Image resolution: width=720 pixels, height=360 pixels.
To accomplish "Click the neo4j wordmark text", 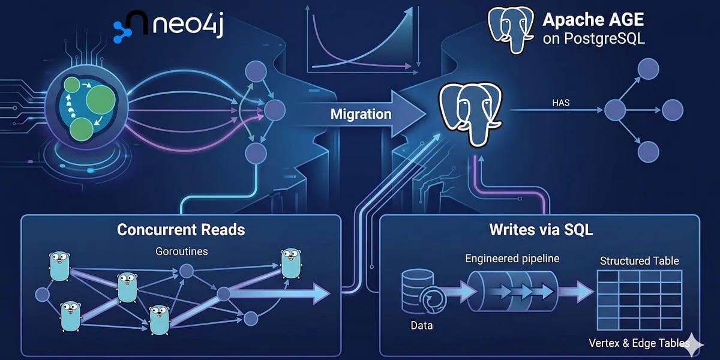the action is pos(188,25).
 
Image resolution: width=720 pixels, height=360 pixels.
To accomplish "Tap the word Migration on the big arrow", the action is pos(361,114).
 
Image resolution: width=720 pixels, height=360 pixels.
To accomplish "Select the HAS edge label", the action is pos(561,103).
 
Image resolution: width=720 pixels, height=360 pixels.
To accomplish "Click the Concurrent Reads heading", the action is pos(181,230).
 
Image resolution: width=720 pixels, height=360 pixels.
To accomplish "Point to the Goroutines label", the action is pos(182,251).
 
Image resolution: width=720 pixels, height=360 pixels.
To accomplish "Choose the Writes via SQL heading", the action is pos(541,230).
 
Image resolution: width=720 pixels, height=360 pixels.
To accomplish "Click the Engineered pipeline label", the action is pos(512,259).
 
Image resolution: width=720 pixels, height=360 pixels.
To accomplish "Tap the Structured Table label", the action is pos(640,260).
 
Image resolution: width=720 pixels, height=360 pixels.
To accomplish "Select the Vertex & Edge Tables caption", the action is pos(639,343).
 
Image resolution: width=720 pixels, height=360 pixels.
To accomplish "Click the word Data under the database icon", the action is pos(421,326).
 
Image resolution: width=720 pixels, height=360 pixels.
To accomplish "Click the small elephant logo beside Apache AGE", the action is pos(511,29).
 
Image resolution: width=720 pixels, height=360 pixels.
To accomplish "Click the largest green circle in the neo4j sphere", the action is pos(101,99).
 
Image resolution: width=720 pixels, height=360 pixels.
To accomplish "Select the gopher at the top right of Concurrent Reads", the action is pos(291,263).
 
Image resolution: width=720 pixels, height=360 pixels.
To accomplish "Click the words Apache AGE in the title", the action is pos(593,20).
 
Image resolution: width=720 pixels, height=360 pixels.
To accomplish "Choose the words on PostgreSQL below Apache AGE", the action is pos(593,39).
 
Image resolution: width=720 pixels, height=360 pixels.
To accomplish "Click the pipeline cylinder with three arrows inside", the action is pos(512,292).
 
